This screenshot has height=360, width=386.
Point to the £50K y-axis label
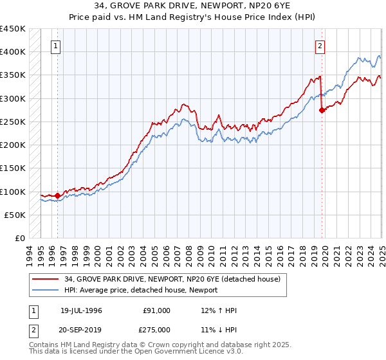coord(15,215)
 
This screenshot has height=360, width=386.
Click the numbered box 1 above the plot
coord(57,46)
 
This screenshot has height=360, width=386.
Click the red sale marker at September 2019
coord(322,110)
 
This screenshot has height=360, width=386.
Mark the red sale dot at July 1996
coord(57,195)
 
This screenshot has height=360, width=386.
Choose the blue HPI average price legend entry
coord(140,291)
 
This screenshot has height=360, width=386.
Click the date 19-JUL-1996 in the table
coord(81,310)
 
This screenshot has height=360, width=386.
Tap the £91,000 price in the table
coord(156,310)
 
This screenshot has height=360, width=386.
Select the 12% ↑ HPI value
coord(219,310)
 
